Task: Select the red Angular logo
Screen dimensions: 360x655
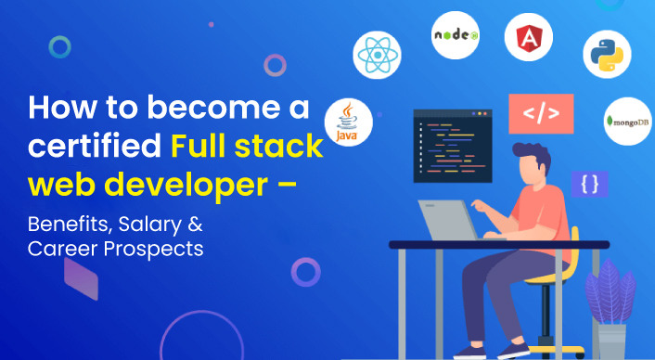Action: (x=529, y=39)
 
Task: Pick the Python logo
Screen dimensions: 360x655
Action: (x=607, y=53)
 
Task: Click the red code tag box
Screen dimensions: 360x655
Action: (x=541, y=114)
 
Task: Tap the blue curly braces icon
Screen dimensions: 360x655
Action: (x=589, y=184)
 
